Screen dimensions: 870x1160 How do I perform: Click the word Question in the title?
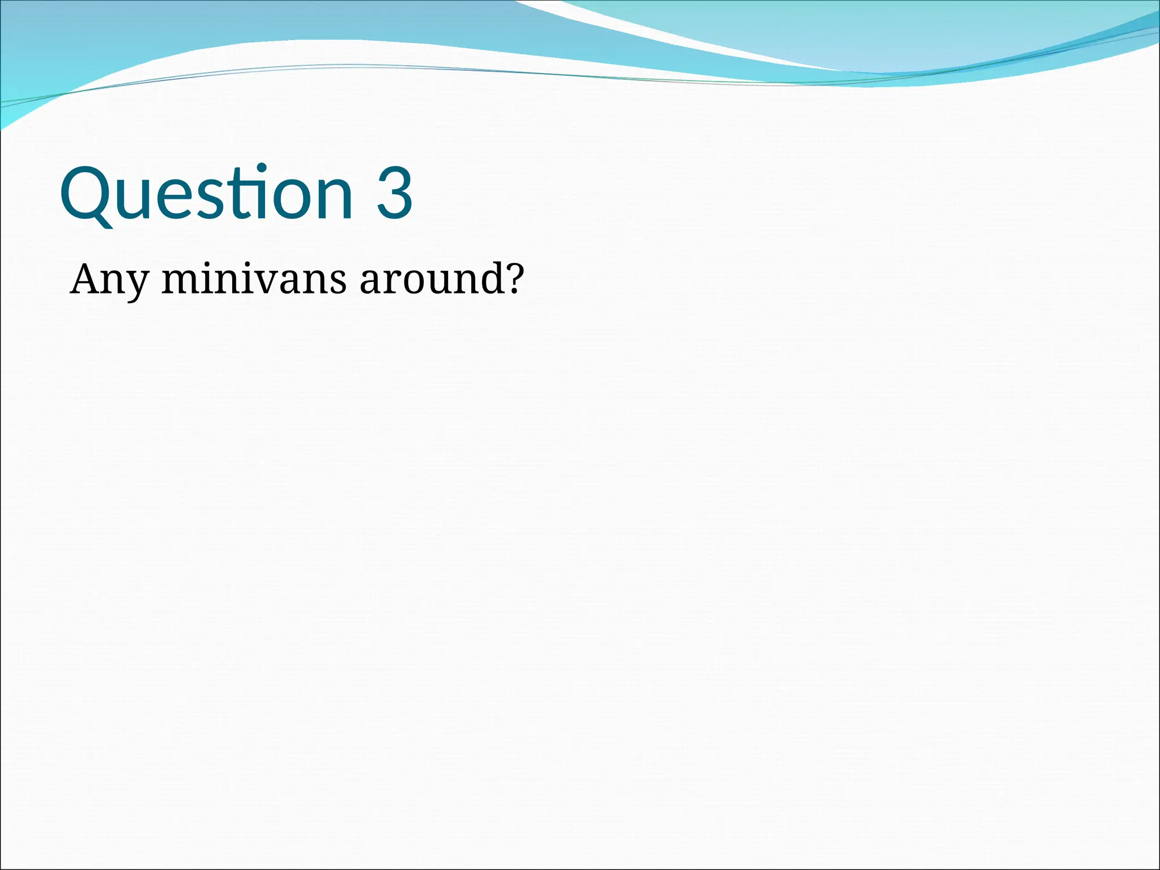coord(207,194)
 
